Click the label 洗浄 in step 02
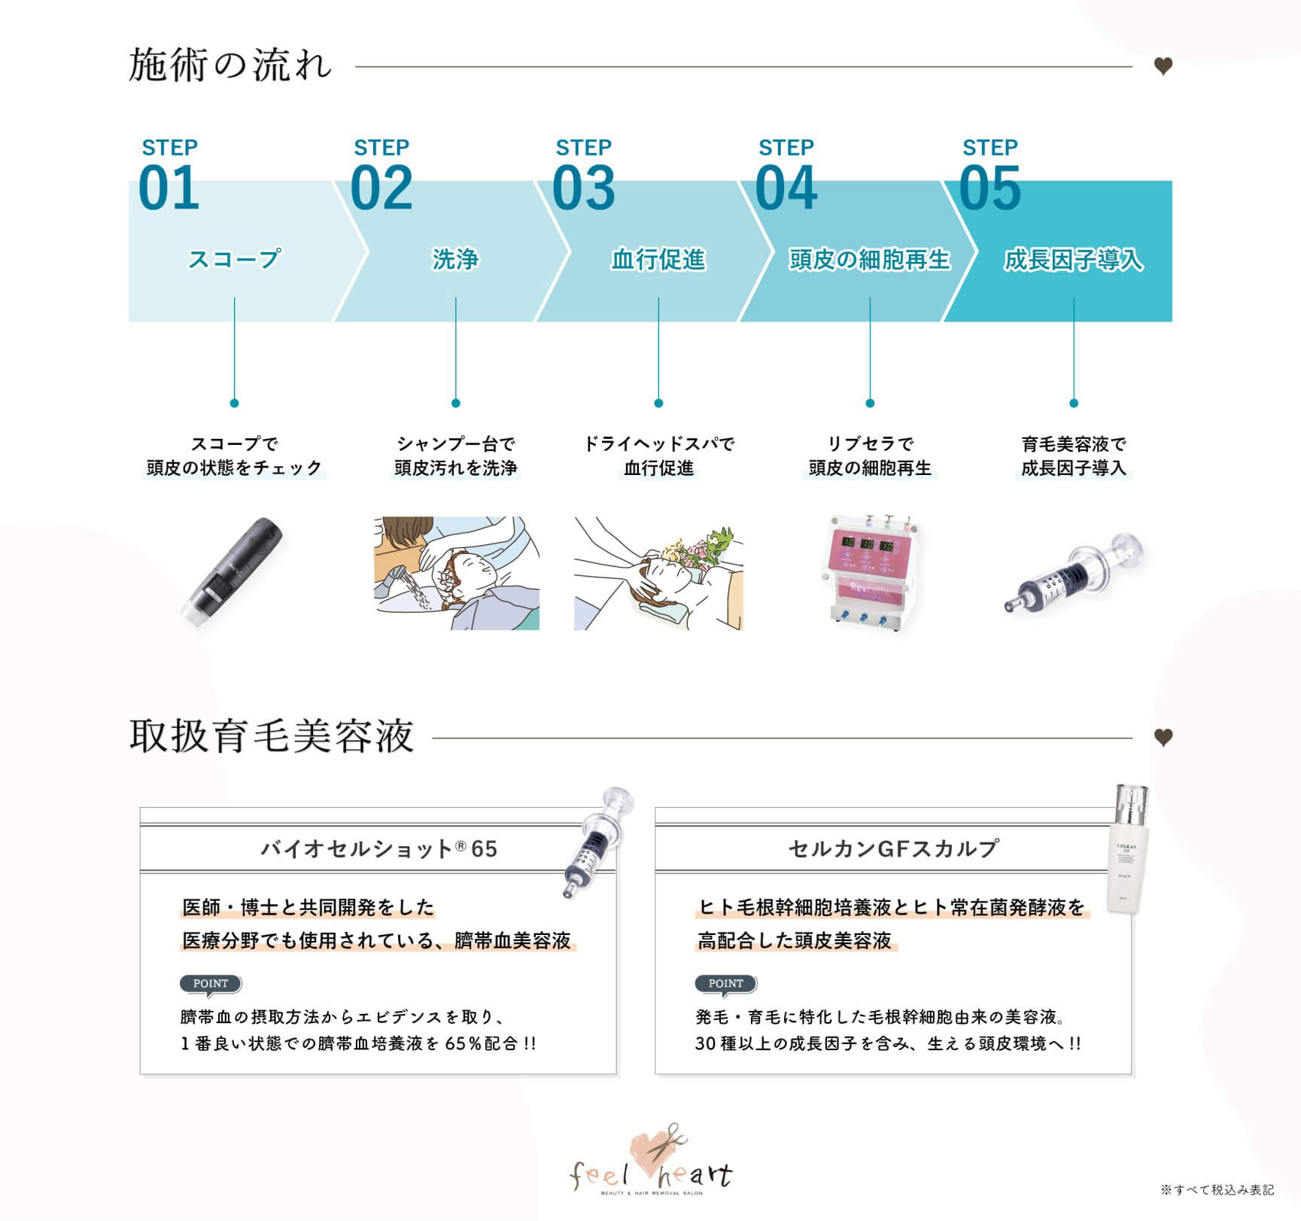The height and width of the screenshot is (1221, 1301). coord(455,259)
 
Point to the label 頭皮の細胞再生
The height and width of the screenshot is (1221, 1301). coord(870,259)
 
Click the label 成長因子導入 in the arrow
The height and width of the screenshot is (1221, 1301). coord(1074,260)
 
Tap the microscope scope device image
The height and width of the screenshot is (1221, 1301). coord(233,571)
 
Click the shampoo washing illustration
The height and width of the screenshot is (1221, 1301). coord(457,573)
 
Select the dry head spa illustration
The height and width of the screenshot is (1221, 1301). coord(658,573)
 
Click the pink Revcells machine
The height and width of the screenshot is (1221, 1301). coord(871,572)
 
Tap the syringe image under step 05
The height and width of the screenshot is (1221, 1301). coord(1074,572)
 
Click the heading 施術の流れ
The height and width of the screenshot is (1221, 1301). coord(230,65)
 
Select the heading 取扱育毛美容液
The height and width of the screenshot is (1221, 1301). coord(272,735)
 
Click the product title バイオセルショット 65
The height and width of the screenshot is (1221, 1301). coord(378,849)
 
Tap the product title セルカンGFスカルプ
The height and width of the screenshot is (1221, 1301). coord(893,848)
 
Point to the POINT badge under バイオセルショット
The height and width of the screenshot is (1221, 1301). coord(211,984)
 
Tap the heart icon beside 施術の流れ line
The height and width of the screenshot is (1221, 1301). coord(1163,66)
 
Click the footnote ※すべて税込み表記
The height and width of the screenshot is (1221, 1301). coord(1217,1189)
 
